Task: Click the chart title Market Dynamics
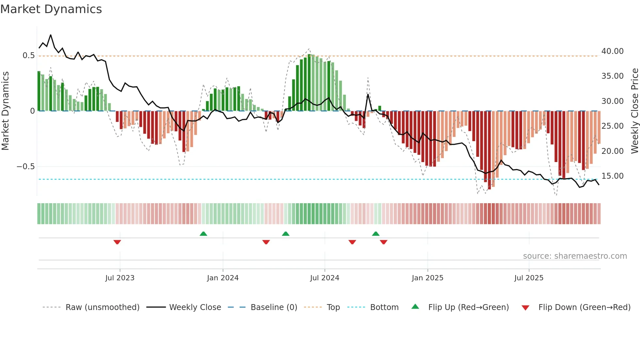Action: [51, 9]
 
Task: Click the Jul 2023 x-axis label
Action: [120, 278]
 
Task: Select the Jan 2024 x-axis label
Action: [223, 278]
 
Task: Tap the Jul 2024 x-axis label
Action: [325, 278]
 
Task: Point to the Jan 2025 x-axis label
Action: [427, 278]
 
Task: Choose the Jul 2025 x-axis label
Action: [529, 278]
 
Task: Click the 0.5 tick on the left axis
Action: [29, 56]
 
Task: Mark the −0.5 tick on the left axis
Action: [26, 167]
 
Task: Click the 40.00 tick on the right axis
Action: [613, 51]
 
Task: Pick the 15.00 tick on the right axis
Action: [613, 176]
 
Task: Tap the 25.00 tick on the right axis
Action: [613, 126]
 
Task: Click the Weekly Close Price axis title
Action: [634, 111]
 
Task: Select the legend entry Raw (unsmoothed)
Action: [102, 307]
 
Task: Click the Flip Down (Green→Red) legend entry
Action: [584, 307]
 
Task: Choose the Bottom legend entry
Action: [384, 307]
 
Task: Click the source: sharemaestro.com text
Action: [575, 256]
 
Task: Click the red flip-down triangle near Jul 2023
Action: [117, 242]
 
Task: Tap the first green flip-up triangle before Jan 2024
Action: [203, 234]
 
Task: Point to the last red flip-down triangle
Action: [384, 242]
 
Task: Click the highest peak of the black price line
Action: [51, 35]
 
